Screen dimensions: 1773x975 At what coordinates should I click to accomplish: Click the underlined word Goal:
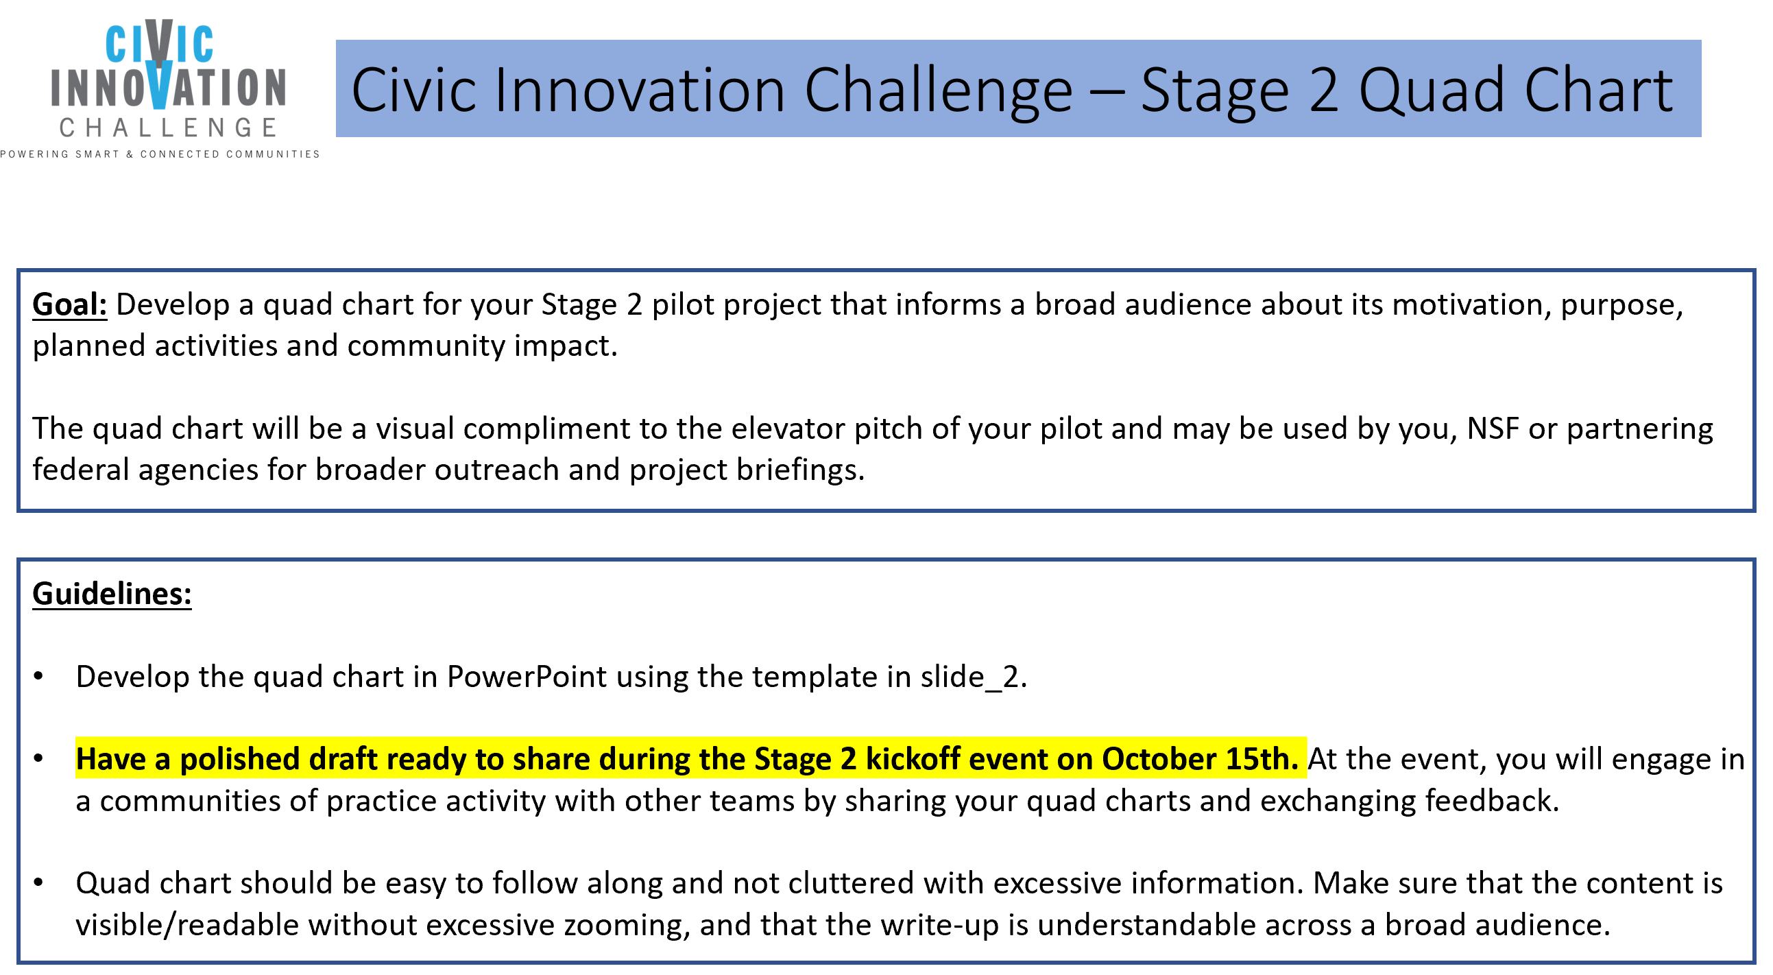tap(69, 305)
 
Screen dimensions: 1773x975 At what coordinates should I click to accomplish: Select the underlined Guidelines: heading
tap(112, 594)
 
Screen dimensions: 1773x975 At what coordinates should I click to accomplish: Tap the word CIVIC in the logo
tap(160, 43)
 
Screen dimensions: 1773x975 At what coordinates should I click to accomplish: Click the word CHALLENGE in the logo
tap(169, 128)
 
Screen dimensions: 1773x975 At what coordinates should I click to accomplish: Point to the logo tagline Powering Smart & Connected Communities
tap(160, 154)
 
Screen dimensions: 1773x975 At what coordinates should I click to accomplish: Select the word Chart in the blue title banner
tap(1598, 89)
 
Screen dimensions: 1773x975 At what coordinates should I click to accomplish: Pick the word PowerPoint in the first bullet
tap(527, 676)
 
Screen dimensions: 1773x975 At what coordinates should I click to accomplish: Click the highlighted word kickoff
tap(912, 759)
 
